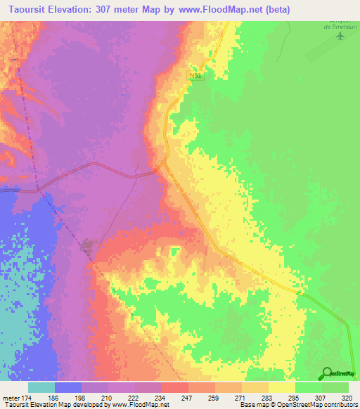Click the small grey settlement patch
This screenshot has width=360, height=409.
(x=88, y=246)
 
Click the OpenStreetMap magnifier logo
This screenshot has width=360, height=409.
(x=326, y=373)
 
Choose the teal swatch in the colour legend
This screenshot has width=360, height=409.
(x=41, y=387)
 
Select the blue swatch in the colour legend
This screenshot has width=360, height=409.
(x=67, y=387)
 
